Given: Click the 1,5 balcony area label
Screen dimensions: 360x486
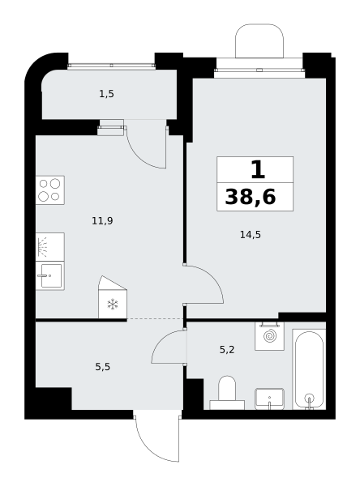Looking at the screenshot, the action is pyautogui.click(x=106, y=94).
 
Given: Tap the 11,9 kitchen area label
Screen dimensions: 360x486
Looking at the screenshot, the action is pyautogui.click(x=102, y=221).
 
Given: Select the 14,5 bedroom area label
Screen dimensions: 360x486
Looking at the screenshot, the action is pyautogui.click(x=251, y=235).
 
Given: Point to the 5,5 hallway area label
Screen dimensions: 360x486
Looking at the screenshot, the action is pyautogui.click(x=102, y=367).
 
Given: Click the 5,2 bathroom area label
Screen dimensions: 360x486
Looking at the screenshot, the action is pyautogui.click(x=227, y=350).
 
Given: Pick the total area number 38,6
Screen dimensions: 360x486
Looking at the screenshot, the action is pyautogui.click(x=251, y=197).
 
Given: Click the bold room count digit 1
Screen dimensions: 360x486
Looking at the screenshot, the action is pyautogui.click(x=258, y=170).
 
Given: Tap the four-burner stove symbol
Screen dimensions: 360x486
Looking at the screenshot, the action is pyautogui.click(x=50, y=190).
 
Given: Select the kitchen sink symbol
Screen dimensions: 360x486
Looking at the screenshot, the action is pyautogui.click(x=50, y=276).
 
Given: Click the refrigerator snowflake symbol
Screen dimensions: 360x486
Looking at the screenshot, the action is pyautogui.click(x=113, y=305).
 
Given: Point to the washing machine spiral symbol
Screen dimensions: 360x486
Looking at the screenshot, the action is pyautogui.click(x=269, y=336).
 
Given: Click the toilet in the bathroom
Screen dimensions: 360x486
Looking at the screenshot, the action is pyautogui.click(x=227, y=393).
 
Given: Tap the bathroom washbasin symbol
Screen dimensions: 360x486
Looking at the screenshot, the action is pyautogui.click(x=269, y=399).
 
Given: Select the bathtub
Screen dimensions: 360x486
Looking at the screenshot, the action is pyautogui.click(x=309, y=369).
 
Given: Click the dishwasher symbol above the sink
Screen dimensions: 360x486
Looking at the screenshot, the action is pyautogui.click(x=50, y=247).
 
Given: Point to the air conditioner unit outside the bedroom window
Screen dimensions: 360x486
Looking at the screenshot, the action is pyautogui.click(x=259, y=41).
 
